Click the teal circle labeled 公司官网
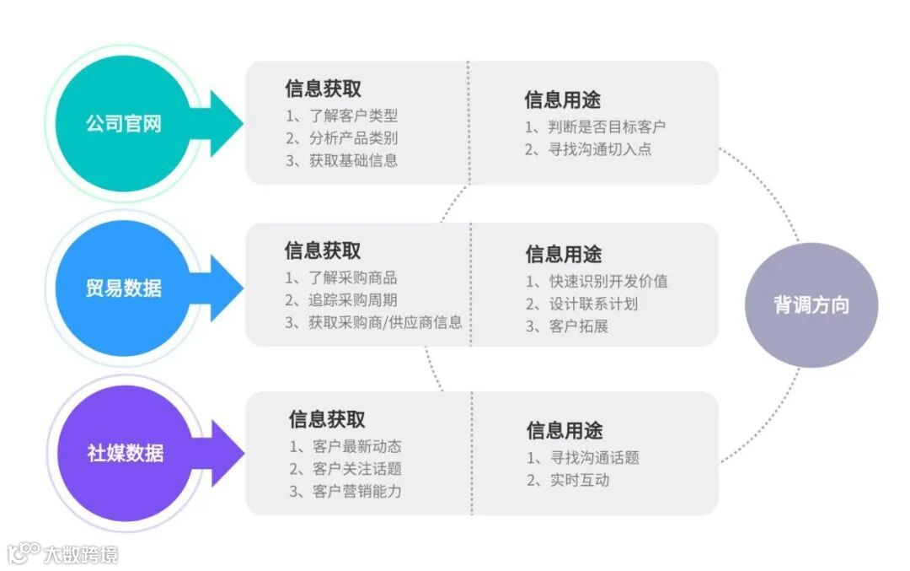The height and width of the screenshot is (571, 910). tap(123, 124)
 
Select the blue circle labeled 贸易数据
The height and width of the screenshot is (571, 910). tap(123, 288)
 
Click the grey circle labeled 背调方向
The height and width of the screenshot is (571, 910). tap(811, 305)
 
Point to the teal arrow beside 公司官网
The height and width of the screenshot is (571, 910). tap(222, 124)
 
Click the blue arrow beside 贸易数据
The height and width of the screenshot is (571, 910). tap(222, 288)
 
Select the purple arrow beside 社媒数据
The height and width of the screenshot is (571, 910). tap(222, 453)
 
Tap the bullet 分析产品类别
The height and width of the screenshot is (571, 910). tap(341, 138)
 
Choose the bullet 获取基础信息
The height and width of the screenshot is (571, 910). tap(341, 160)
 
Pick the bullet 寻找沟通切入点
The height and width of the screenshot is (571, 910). tap(588, 149)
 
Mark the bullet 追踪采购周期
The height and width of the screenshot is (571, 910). tap(341, 300)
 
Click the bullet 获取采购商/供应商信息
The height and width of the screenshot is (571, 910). tap(373, 322)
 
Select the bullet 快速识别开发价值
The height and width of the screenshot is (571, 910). tap(597, 282)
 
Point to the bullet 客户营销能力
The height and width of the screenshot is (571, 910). tap(345, 491)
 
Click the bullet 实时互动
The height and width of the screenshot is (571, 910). tap(568, 480)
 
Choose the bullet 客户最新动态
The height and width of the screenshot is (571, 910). tap(345, 447)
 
